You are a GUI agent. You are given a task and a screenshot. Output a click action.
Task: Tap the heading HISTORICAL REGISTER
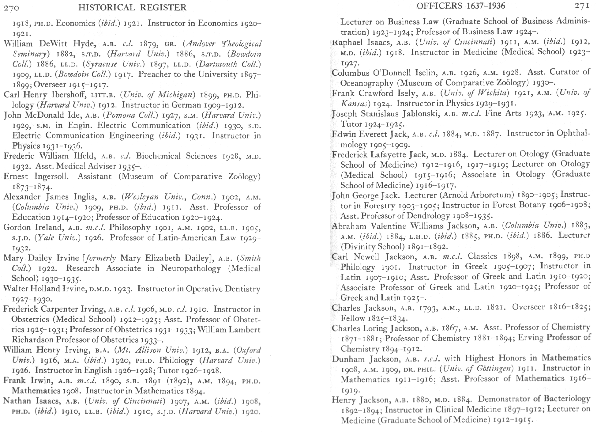(132, 7)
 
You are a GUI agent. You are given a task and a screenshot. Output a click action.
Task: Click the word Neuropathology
(190, 268)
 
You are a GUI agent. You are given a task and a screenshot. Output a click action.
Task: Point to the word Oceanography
(367, 83)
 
